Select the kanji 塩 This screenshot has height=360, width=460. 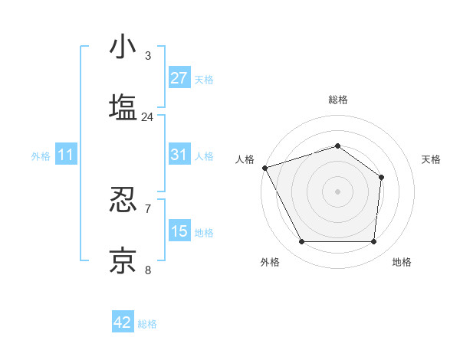pos(123,107)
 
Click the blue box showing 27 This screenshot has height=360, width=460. pos(179,78)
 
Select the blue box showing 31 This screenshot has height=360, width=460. pos(179,155)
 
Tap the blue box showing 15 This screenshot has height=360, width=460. pos(179,231)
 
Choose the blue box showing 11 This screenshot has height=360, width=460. pos(66,155)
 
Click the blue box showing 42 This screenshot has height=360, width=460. pos(123,322)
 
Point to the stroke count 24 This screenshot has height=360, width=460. pos(147,117)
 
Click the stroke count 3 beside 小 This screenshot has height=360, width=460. pos(147,56)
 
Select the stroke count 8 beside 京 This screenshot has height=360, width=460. pos(147,270)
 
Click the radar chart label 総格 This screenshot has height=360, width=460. pos(337,100)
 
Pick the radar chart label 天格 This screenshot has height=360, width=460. pos(432,159)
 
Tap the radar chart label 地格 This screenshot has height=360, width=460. pos(402,262)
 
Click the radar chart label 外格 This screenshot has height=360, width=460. pos(270,262)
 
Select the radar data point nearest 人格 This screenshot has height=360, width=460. pos(264,168)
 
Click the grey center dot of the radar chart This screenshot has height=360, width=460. pos(337,191)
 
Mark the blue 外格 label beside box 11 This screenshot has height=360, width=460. pos(41,155)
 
